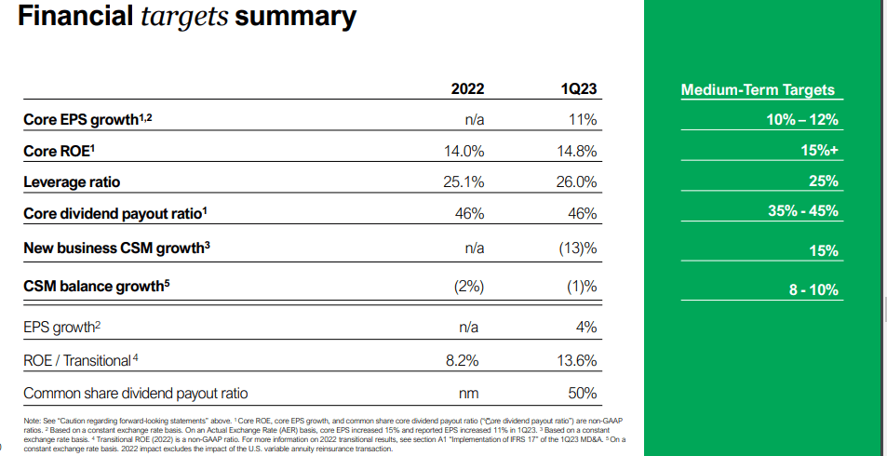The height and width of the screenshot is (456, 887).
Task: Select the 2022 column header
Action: coord(467,90)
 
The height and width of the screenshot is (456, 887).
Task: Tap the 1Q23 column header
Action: coord(579,90)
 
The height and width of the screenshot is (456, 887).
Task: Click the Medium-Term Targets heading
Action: coord(758,90)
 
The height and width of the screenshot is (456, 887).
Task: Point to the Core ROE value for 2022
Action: coord(464,151)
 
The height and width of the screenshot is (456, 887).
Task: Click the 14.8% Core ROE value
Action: coord(576,151)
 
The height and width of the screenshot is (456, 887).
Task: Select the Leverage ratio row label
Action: coord(72,181)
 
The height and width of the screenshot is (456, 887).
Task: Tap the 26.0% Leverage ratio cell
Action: coord(576,181)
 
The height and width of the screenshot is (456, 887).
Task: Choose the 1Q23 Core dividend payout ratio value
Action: coord(582,213)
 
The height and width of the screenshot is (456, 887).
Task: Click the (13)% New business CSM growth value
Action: coord(577,248)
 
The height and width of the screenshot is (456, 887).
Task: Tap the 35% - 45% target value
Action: coord(802,210)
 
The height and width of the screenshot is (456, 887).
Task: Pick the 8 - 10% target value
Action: coord(813,289)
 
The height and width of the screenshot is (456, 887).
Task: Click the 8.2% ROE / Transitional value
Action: coord(468,360)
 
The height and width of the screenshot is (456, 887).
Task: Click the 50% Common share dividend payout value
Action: coord(582,393)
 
